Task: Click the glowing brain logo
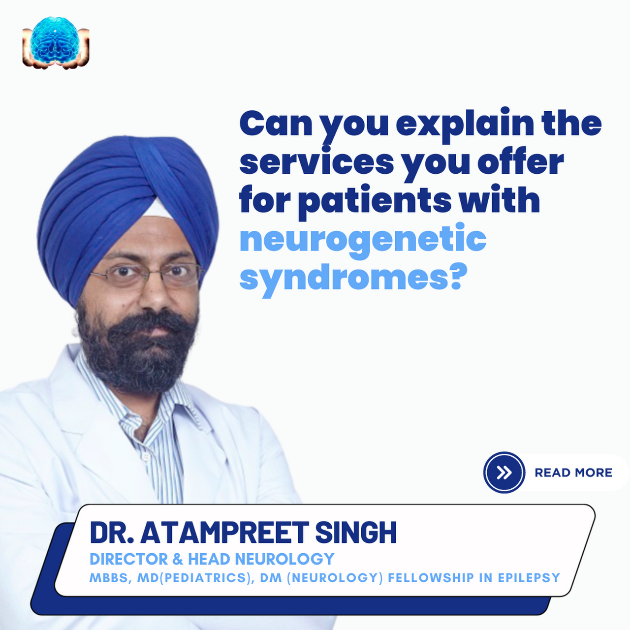click(x=56, y=42)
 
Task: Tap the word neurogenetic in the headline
click(x=363, y=240)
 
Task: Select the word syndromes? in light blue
click(x=352, y=278)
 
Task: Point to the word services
click(x=316, y=162)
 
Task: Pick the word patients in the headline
click(x=375, y=201)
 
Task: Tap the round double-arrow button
click(x=504, y=472)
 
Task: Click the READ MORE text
click(x=573, y=472)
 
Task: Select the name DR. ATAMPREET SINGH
click(x=243, y=533)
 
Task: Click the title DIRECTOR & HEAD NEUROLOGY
click(x=212, y=559)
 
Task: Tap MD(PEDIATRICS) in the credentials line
click(x=195, y=578)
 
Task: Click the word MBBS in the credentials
click(x=109, y=578)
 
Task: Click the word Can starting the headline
click(x=276, y=124)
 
